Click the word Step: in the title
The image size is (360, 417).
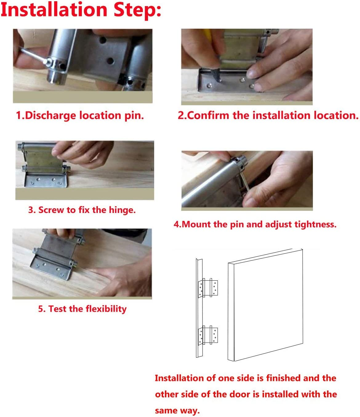pyautogui.click(x=137, y=10)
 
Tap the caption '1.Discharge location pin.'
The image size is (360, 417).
pyautogui.click(x=80, y=115)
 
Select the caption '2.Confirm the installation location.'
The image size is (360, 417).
pyautogui.click(x=268, y=115)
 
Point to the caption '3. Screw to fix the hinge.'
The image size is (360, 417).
pyautogui.click(x=82, y=210)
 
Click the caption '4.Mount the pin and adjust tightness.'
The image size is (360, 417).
pyautogui.click(x=255, y=224)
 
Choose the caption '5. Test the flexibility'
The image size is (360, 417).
pyautogui.click(x=82, y=309)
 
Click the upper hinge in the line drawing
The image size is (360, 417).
pyautogui.click(x=209, y=288)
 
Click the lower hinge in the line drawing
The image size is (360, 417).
pyautogui.click(x=209, y=335)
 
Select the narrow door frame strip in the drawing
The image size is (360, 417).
pyautogui.click(x=199, y=308)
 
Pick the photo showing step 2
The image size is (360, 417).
pyautogui.click(x=246, y=66)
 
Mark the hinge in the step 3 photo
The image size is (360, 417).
pyautogui.click(x=45, y=166)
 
